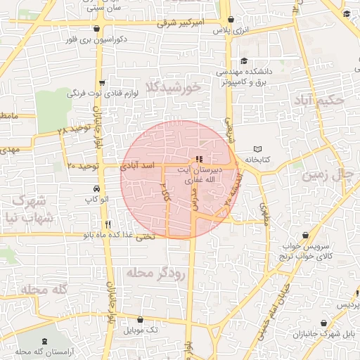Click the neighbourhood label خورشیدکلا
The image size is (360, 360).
click(x=172, y=86)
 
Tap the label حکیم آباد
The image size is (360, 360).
click(x=321, y=101)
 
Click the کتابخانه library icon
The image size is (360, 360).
click(x=257, y=149)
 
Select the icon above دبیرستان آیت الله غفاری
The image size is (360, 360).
click(x=199, y=159)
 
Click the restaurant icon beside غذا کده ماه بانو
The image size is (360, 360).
click(x=166, y=224)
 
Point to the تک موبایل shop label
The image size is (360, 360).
click(x=141, y=329)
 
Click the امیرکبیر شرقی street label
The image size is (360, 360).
click(x=180, y=22)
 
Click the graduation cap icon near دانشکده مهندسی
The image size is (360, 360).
click(x=243, y=60)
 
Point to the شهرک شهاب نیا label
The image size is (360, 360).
click(x=28, y=208)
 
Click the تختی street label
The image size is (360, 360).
click(x=143, y=236)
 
